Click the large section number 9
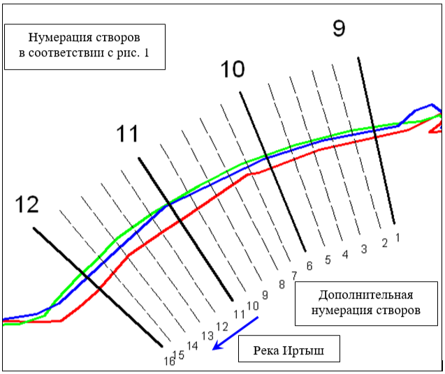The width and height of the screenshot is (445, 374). coord(338,29)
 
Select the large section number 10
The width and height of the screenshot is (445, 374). coord(233,70)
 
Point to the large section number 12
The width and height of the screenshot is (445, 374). coord(27,204)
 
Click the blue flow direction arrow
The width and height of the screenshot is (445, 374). coord(236,332)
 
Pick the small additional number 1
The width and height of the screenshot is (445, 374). coord(397,237)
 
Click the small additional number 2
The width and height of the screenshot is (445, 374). coord(384,243)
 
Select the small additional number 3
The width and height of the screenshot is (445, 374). coord(363,249)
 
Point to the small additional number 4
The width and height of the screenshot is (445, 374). coord(345,255)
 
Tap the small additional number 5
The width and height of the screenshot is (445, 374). coord(328,260)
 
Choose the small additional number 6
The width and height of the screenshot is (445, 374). coord(309,266)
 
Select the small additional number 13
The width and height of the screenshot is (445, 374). coord(207,335)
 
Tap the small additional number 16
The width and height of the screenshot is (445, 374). coord(170,361)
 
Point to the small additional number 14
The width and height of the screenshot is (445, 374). coord(193,345)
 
